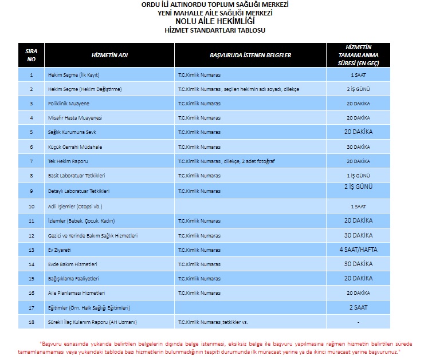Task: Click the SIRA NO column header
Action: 31,55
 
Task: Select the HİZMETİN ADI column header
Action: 109,55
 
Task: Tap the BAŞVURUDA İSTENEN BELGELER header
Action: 250,55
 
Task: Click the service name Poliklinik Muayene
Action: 69,104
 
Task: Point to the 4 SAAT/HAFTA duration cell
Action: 358,250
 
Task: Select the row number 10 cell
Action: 31,205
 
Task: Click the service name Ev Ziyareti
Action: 59,250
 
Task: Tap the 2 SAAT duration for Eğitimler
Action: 358,307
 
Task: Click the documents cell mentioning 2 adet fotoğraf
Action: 226,161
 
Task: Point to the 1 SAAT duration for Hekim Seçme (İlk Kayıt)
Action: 358,75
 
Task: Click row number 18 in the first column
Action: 31,322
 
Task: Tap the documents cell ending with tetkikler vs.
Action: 213,322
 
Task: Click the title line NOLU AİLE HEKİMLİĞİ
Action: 214,21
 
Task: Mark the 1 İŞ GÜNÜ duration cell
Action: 358,176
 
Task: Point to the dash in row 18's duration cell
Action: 358,322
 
